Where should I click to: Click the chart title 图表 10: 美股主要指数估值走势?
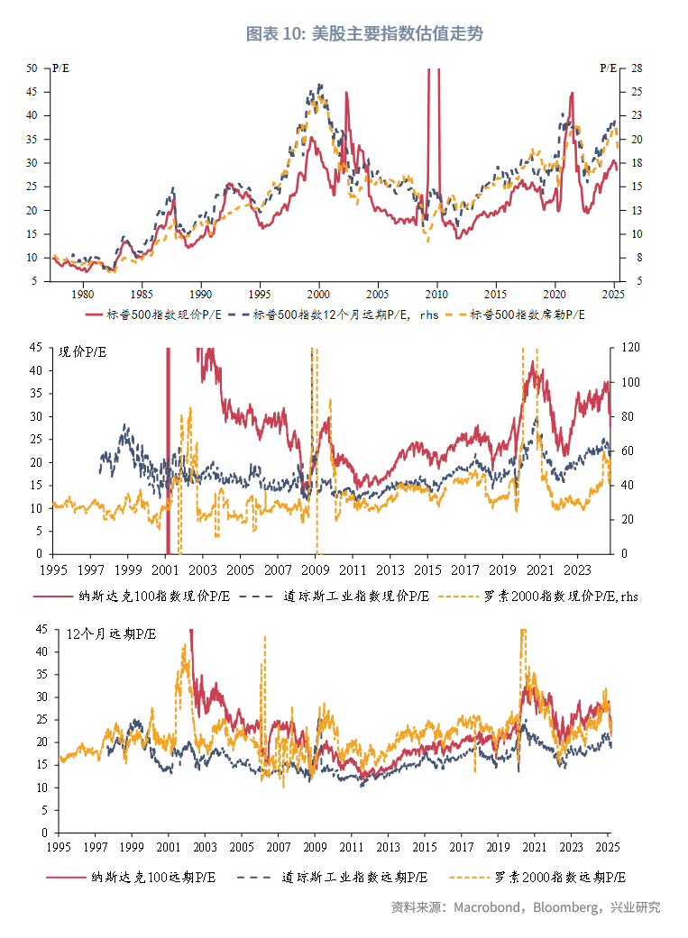click(364, 34)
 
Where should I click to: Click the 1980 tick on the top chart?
click(82, 294)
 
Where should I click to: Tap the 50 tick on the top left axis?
click(32, 68)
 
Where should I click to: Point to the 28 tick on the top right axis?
click(637, 68)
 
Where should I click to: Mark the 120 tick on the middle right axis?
click(628, 347)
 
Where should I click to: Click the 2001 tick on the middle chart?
click(164, 570)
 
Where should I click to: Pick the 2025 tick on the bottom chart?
click(609, 847)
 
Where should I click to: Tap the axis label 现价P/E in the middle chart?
click(82, 352)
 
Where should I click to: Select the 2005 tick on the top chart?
click(378, 294)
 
